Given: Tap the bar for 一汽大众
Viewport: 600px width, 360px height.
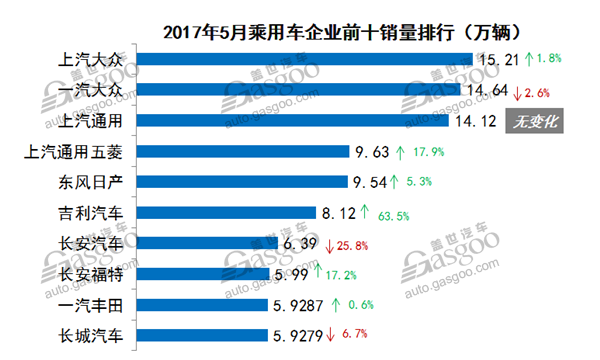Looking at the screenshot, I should (300, 90).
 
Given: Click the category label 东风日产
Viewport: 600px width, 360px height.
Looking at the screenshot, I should (93, 183).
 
